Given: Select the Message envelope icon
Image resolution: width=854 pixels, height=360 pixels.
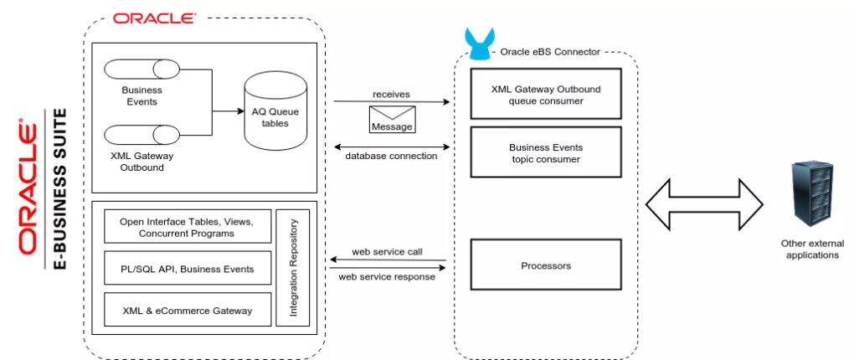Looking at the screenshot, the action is click(x=392, y=119).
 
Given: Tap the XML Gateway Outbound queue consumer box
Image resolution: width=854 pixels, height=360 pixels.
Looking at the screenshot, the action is click(x=546, y=94).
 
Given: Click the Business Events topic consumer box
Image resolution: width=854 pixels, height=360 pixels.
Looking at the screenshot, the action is click(x=546, y=152).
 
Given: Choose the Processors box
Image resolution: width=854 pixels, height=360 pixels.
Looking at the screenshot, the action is click(x=546, y=265).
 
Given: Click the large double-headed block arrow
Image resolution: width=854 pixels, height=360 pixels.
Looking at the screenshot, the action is click(x=704, y=204).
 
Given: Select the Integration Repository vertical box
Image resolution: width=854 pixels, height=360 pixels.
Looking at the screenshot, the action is click(x=292, y=267).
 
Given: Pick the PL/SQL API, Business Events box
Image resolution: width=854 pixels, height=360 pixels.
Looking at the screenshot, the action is click(x=188, y=268).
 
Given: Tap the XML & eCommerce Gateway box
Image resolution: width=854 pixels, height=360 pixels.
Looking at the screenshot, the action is click(x=188, y=310).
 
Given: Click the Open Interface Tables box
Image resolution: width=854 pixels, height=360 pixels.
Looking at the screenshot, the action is click(x=188, y=227).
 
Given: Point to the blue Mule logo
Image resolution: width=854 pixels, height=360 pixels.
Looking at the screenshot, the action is click(x=479, y=44).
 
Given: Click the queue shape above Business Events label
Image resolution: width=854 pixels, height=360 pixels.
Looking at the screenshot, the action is click(x=141, y=69).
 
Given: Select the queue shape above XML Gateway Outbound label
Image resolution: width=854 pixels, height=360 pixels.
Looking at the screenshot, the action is click(x=141, y=134).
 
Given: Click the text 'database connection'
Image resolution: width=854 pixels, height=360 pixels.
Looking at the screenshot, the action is click(x=391, y=157).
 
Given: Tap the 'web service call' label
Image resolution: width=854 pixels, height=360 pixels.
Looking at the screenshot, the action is click(x=388, y=252).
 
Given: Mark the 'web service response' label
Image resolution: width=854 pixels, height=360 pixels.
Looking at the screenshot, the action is click(x=387, y=276).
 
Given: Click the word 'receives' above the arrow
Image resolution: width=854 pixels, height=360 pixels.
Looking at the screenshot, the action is click(x=391, y=95).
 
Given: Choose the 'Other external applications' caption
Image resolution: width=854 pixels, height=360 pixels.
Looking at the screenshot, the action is click(x=813, y=249).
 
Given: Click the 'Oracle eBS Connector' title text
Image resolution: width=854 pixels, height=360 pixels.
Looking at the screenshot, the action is click(x=550, y=52).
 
